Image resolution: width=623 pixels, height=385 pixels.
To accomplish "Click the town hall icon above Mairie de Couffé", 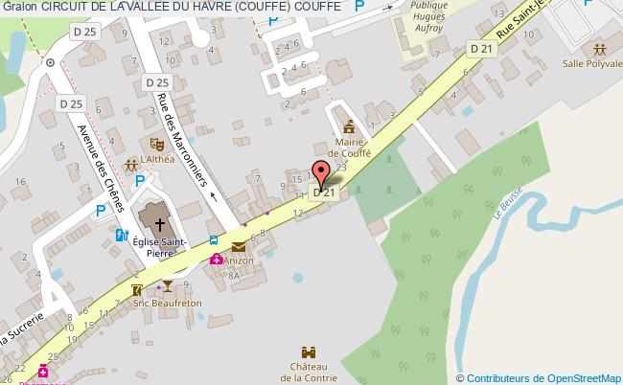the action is tap(347, 125).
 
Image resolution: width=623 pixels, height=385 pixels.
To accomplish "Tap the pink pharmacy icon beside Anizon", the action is tap(218, 259).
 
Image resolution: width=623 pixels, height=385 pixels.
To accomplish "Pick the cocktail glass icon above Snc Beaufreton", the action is tap(168, 286).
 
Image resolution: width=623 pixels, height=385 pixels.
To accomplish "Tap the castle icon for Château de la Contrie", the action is tap(310, 352).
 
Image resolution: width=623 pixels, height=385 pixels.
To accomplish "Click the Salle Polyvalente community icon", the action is tap(599, 47).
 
